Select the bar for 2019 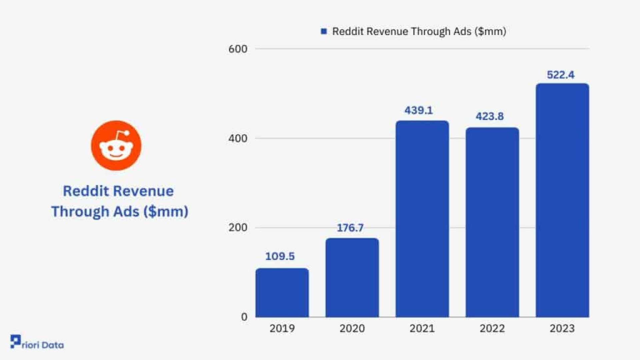click(x=282, y=293)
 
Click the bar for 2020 click(x=352, y=278)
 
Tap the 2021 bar click(x=422, y=219)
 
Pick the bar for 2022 click(x=492, y=222)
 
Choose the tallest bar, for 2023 click(x=562, y=200)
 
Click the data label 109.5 click(x=280, y=256)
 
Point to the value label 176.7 click(x=350, y=228)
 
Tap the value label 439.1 click(x=419, y=110)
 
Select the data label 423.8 click(x=489, y=116)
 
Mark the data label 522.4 click(x=561, y=75)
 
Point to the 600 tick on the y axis click(x=238, y=49)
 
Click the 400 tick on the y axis click(x=238, y=138)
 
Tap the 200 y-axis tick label click(x=238, y=228)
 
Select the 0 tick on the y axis click(x=244, y=317)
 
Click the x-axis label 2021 click(x=422, y=329)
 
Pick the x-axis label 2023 click(x=562, y=329)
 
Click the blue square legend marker click(x=324, y=31)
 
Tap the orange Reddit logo click(x=116, y=146)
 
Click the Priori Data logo click(x=37, y=343)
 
